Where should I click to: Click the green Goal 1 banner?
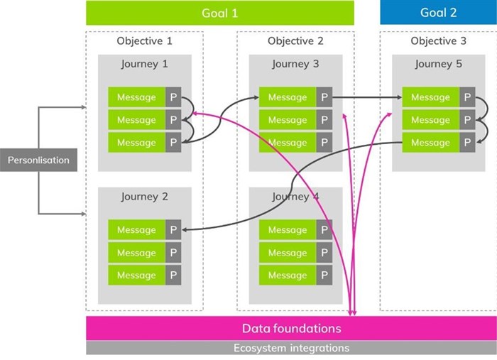tap(220, 13)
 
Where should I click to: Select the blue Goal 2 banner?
tap(438, 13)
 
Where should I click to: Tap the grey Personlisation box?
tap(38, 160)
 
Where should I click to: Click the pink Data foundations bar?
tap(291, 328)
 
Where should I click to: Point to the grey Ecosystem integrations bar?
tap(291, 348)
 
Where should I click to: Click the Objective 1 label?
tap(144, 41)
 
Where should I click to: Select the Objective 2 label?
tap(295, 41)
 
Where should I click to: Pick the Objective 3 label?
tap(438, 41)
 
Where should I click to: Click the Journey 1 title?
tap(144, 64)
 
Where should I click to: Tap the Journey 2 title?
tap(144, 197)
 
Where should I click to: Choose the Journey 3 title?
tap(295, 64)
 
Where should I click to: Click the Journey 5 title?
tap(438, 64)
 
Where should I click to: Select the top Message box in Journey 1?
tap(136, 97)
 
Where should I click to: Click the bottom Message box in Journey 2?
tap(136, 276)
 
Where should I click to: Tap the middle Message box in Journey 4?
tap(288, 253)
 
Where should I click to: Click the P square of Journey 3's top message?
tap(324, 97)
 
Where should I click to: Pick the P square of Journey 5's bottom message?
tap(467, 143)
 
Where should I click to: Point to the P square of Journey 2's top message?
tap(173, 230)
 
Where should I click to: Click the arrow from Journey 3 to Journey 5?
tap(366, 97)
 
